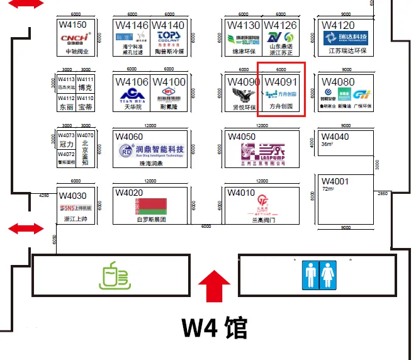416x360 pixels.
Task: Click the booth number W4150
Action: (72, 25)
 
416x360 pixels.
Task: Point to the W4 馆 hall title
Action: (215, 328)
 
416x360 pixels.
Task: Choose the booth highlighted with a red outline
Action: (282, 89)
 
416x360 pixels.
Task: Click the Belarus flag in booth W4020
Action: (151, 206)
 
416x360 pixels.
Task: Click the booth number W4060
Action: (129, 137)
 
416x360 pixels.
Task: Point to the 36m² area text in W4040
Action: (327, 144)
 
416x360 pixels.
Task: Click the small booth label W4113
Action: (66, 79)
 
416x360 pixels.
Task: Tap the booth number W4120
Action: (338, 25)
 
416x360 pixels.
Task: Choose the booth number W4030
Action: (72, 196)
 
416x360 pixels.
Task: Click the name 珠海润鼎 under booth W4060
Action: (151, 164)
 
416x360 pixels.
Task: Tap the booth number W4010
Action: (242, 193)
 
